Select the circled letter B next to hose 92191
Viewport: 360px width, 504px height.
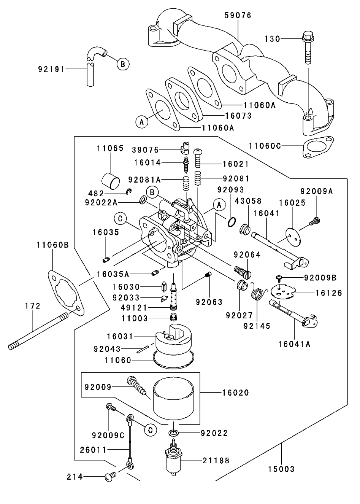pyautogui.click(x=122, y=64)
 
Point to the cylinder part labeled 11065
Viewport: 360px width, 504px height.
pyautogui.click(x=111, y=181)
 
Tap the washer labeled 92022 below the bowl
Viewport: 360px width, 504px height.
pyautogui.click(x=174, y=432)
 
